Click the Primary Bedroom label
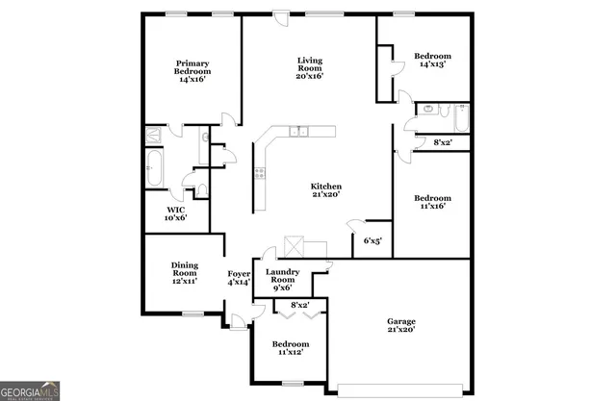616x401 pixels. click(192, 71)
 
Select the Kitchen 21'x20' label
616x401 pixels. click(325, 190)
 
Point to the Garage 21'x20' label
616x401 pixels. click(400, 325)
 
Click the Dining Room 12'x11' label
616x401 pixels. click(184, 273)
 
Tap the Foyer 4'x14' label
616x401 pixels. click(239, 278)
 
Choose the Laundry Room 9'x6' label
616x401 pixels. click(283, 279)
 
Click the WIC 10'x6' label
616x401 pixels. click(175, 213)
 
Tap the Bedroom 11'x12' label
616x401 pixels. click(290, 348)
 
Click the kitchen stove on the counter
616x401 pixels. click(259, 173)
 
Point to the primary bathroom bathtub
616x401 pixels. click(153, 168)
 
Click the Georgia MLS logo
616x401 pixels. click(30, 389)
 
